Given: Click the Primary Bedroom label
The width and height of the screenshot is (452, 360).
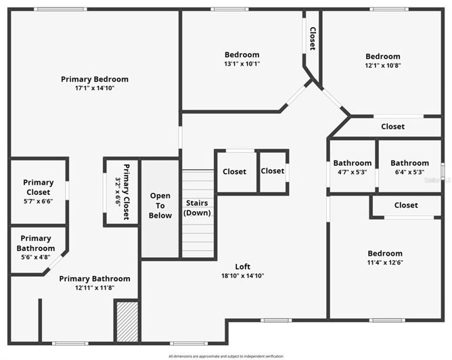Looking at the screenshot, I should pyautogui.click(x=94, y=79).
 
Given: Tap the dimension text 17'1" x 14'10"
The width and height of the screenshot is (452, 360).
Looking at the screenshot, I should pyautogui.click(x=94, y=88).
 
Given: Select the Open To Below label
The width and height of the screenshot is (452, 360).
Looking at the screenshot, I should pyautogui.click(x=160, y=206).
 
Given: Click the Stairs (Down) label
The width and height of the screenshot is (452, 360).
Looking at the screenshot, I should pyautogui.click(x=198, y=208).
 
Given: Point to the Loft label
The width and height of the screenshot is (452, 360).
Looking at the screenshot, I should pyautogui.click(x=242, y=267).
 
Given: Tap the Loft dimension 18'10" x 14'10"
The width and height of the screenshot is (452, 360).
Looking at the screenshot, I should pyautogui.click(x=242, y=275).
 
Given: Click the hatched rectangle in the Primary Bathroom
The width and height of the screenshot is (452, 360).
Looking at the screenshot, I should pyautogui.click(x=127, y=321).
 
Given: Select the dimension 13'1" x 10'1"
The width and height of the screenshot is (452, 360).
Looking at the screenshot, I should pyautogui.click(x=242, y=64).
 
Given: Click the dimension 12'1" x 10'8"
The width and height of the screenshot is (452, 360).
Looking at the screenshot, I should pyautogui.click(x=382, y=66).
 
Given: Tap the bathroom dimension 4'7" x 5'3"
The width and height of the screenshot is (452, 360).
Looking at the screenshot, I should pyautogui.click(x=352, y=172).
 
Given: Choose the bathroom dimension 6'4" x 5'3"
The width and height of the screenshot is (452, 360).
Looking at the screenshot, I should pyautogui.click(x=409, y=172).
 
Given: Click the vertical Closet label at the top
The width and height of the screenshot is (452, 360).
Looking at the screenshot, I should pyautogui.click(x=312, y=39).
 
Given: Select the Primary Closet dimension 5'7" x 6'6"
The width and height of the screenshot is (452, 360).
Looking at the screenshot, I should pyautogui.click(x=38, y=192).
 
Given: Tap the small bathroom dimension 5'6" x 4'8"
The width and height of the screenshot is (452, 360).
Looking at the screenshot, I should pyautogui.click(x=36, y=256).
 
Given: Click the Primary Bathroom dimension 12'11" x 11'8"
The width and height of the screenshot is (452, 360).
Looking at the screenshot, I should pyautogui.click(x=94, y=288).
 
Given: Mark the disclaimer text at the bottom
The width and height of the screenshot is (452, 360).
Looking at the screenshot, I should pyautogui.click(x=226, y=356).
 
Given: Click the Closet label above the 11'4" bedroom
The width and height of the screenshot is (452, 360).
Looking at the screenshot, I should pyautogui.click(x=405, y=205).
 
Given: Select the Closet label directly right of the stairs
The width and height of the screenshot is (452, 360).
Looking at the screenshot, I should pyautogui.click(x=235, y=172).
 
